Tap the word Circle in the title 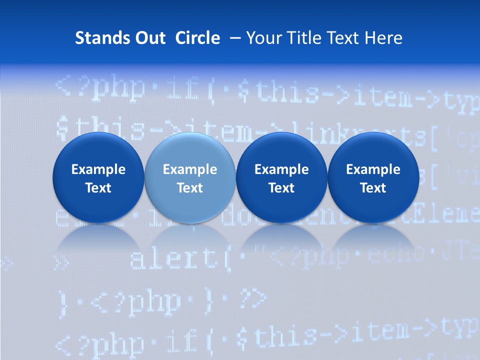point(197,38)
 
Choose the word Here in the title point(383,38)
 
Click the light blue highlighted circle point(190,178)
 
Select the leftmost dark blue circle point(98,178)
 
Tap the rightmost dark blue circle point(373,178)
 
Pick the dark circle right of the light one point(281,178)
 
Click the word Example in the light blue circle point(190,169)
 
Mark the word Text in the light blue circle point(190,188)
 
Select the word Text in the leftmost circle point(98,188)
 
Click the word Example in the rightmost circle point(373,169)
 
